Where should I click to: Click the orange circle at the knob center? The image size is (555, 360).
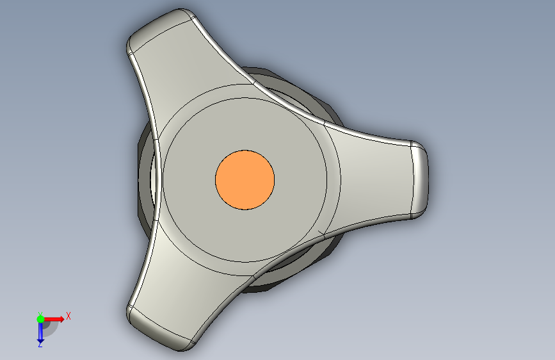245,179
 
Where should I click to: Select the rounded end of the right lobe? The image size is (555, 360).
419,179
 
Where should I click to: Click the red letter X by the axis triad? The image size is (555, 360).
68,316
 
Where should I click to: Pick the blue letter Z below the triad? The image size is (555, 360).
40,344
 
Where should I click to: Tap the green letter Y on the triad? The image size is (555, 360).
40,315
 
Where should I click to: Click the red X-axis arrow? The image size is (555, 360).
53,319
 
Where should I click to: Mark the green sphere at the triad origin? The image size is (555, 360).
40,319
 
